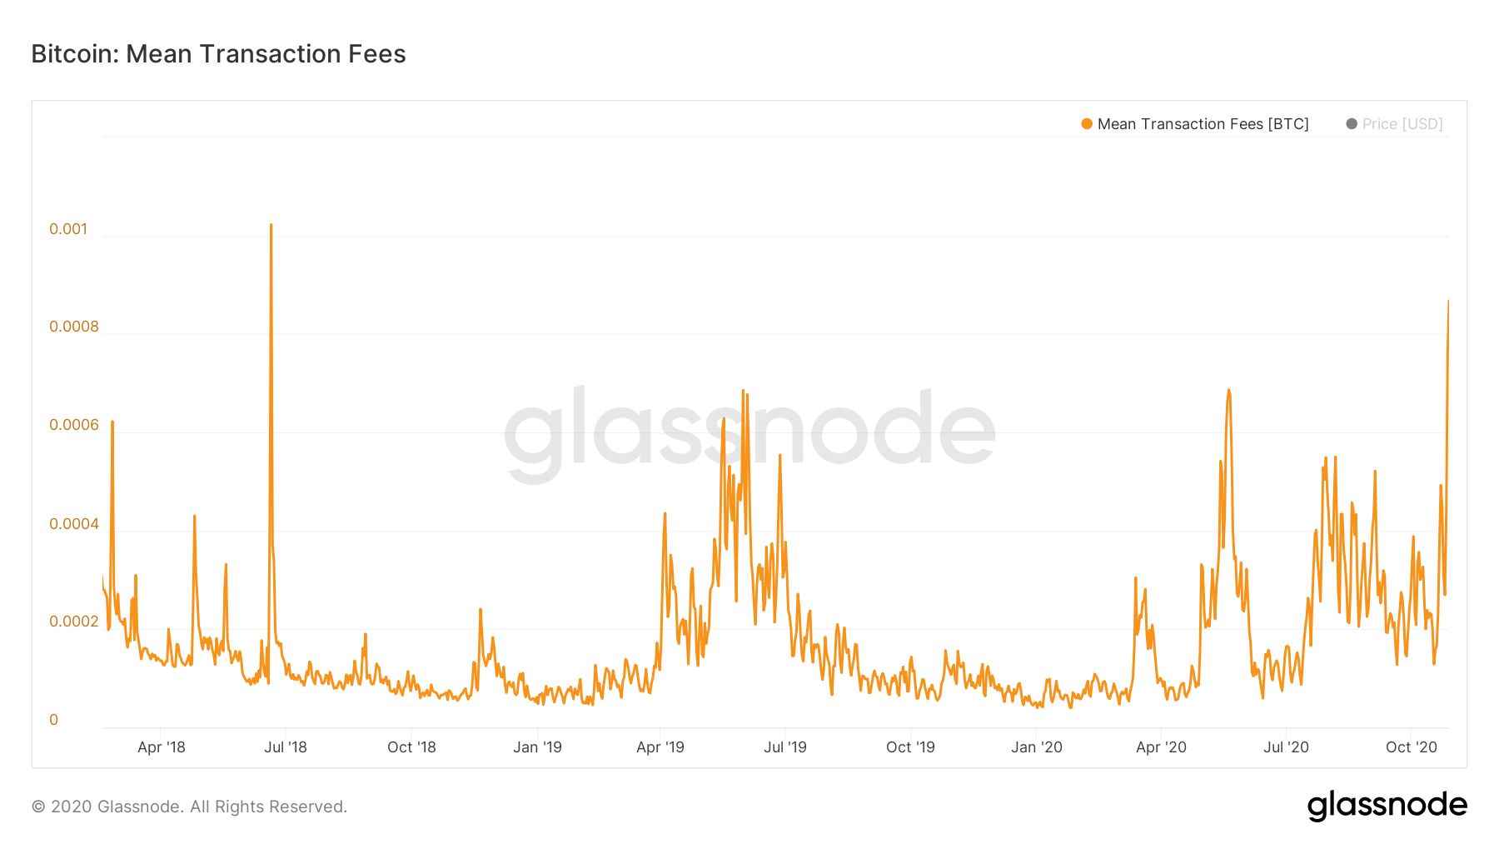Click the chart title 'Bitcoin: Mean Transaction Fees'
tap(218, 54)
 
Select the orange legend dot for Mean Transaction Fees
tap(1087, 124)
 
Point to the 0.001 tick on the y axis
tap(68, 229)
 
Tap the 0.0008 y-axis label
tap(74, 327)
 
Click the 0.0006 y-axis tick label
tap(74, 425)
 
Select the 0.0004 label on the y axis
tap(74, 524)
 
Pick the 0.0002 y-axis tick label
tap(74, 622)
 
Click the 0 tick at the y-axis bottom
tap(54, 720)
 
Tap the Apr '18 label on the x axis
tap(162, 747)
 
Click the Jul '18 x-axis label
tap(286, 747)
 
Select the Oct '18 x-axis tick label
tap(411, 747)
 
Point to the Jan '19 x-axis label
tap(537, 747)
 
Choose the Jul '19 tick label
tap(785, 747)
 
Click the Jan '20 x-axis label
tap(1037, 747)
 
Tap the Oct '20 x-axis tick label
tap(1412, 747)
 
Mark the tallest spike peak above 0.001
tap(271, 225)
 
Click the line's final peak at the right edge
tap(1448, 302)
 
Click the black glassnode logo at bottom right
tap(1387, 806)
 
